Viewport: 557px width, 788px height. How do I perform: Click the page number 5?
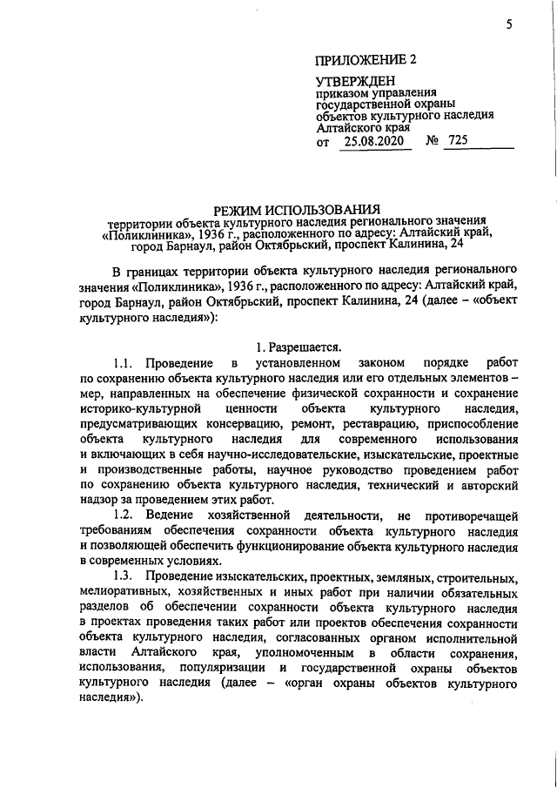click(x=507, y=24)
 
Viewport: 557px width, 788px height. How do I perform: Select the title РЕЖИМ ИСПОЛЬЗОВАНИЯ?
click(x=298, y=209)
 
